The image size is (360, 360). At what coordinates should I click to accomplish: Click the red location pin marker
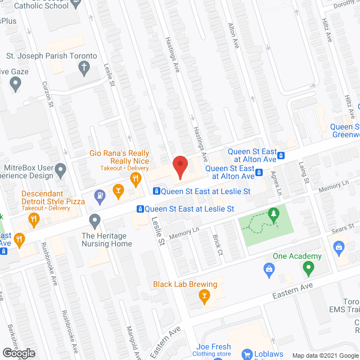tap(179, 167)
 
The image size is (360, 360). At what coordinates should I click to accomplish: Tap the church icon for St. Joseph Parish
tap(84, 69)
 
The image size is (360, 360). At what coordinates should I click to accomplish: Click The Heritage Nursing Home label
tap(107, 240)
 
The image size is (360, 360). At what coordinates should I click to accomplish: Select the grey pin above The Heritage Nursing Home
tap(95, 220)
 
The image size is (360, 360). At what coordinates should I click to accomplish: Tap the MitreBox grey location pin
tap(61, 169)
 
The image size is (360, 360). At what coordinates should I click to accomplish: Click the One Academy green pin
tap(308, 269)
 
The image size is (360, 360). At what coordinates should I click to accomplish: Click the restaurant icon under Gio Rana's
tap(135, 179)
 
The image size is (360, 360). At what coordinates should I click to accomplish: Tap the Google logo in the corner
tap(19, 353)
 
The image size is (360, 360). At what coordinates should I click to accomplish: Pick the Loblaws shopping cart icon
tap(246, 354)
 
